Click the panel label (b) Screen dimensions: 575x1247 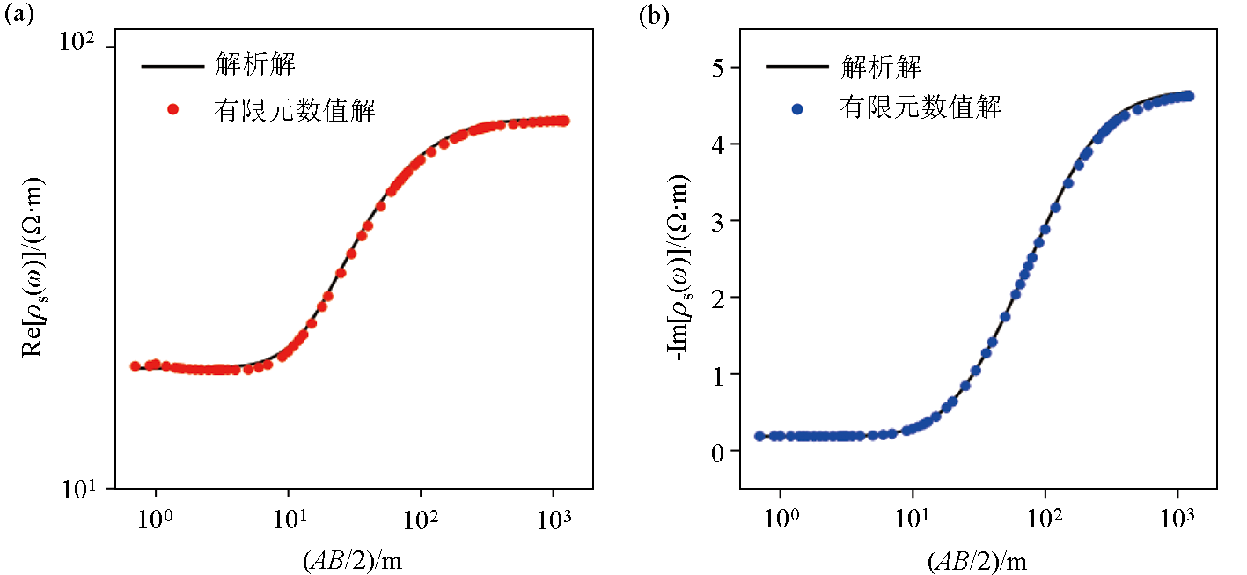click(653, 15)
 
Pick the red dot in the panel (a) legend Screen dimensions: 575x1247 click(173, 109)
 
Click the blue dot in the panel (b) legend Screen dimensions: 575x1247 click(797, 109)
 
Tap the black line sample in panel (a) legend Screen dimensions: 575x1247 click(172, 65)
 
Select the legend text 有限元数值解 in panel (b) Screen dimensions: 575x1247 click(921, 109)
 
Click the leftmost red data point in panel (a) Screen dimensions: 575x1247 click(136, 365)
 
